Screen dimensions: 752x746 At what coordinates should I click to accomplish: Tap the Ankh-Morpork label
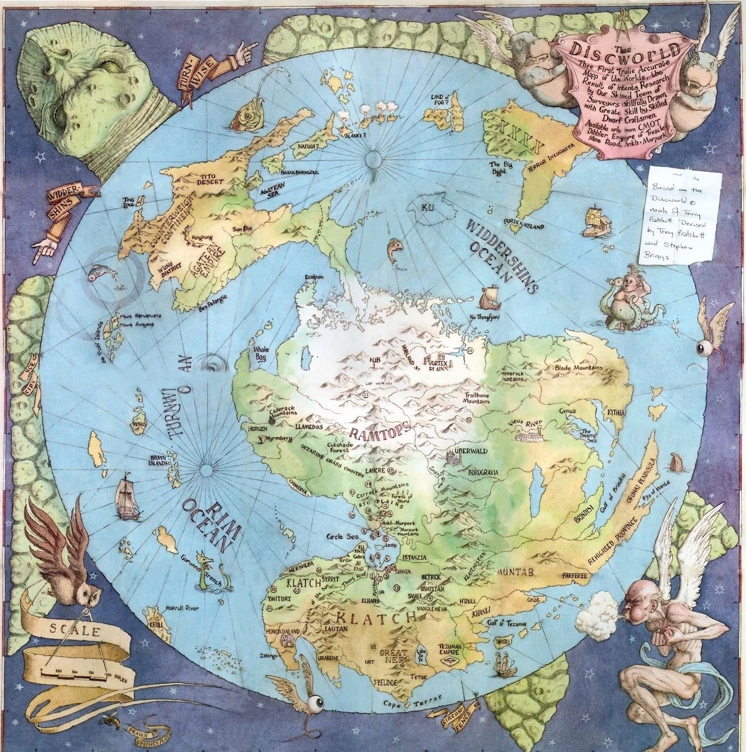pos(396,523)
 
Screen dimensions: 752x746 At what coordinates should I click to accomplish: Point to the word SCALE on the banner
pos(70,633)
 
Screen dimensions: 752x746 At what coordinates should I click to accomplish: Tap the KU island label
pos(427,207)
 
